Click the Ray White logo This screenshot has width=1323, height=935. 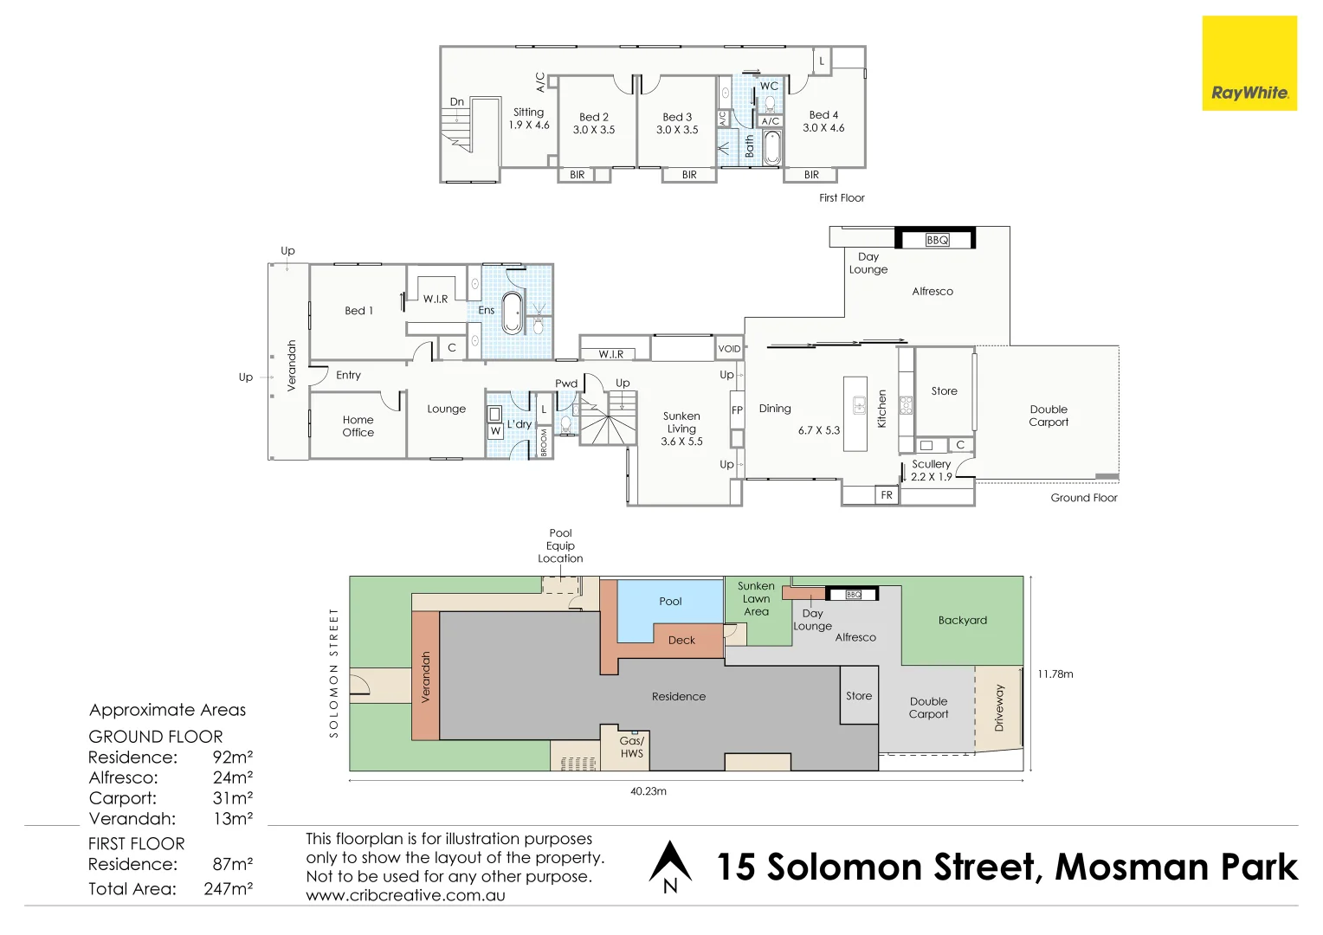[x=1249, y=63]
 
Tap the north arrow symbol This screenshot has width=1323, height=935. [x=670, y=867]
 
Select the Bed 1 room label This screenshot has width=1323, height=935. [x=358, y=311]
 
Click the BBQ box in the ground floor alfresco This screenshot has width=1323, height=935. [x=937, y=240]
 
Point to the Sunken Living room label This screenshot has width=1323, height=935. [x=681, y=429]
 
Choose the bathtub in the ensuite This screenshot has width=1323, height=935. [x=513, y=313]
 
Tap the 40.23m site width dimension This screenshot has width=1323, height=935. [x=648, y=791]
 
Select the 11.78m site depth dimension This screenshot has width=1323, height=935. [x=1055, y=674]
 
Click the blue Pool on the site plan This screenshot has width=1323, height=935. [x=669, y=606]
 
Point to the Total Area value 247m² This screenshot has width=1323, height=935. [x=229, y=888]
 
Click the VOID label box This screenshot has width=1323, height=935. [x=729, y=349]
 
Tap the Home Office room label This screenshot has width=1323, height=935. [x=358, y=426]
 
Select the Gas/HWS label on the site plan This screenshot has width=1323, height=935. [x=631, y=747]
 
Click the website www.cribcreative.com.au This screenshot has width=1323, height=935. [x=405, y=896]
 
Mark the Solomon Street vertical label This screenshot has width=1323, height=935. [x=333, y=673]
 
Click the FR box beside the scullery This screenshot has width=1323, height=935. [x=886, y=495]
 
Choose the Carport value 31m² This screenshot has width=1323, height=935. [x=232, y=798]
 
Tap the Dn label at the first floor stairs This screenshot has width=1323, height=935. [x=456, y=102]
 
